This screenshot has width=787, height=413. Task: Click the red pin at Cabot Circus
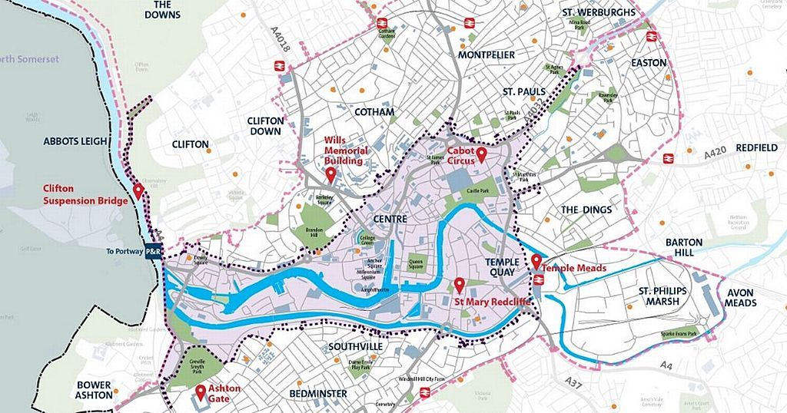pos(482,156)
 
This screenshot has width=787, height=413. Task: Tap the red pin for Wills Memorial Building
pos(330,175)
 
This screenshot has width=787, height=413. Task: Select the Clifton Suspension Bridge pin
pos(139,190)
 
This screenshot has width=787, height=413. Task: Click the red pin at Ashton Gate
pos(201,392)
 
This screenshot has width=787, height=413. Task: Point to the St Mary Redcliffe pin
pos(460,285)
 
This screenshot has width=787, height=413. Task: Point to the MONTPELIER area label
pos(486,55)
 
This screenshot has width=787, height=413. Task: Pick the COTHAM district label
pos(374,112)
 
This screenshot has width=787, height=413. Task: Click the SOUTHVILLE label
pos(355,346)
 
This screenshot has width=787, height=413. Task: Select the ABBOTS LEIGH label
pos(73,141)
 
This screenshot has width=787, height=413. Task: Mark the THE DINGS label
pos(586,210)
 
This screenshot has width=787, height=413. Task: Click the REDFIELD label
pos(756,147)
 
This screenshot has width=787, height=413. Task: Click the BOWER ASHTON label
pos(95,391)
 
